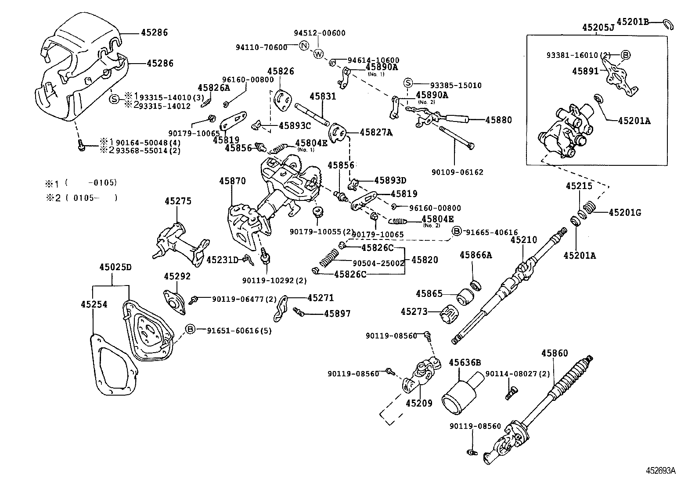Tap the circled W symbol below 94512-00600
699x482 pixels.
[x=319, y=54]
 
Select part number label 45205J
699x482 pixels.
[x=598, y=27]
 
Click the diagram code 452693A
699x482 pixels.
[x=660, y=471]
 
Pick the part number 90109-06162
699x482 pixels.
[x=456, y=172]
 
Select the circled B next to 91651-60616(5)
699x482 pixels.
[x=190, y=329]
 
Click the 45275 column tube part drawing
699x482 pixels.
[x=180, y=244]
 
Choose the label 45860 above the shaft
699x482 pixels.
[x=555, y=353]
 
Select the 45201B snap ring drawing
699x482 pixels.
[x=668, y=24]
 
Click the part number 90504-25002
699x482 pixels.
[x=378, y=263]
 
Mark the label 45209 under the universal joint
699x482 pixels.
[x=419, y=403]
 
